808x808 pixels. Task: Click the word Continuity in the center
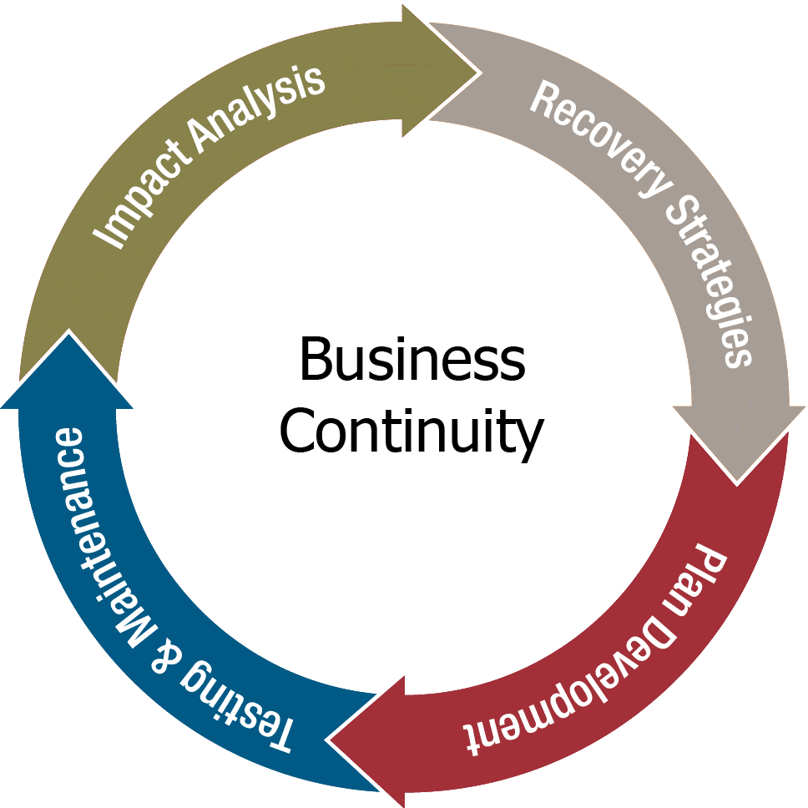411,431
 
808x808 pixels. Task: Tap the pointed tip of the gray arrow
735,480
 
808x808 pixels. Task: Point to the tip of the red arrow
330,738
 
